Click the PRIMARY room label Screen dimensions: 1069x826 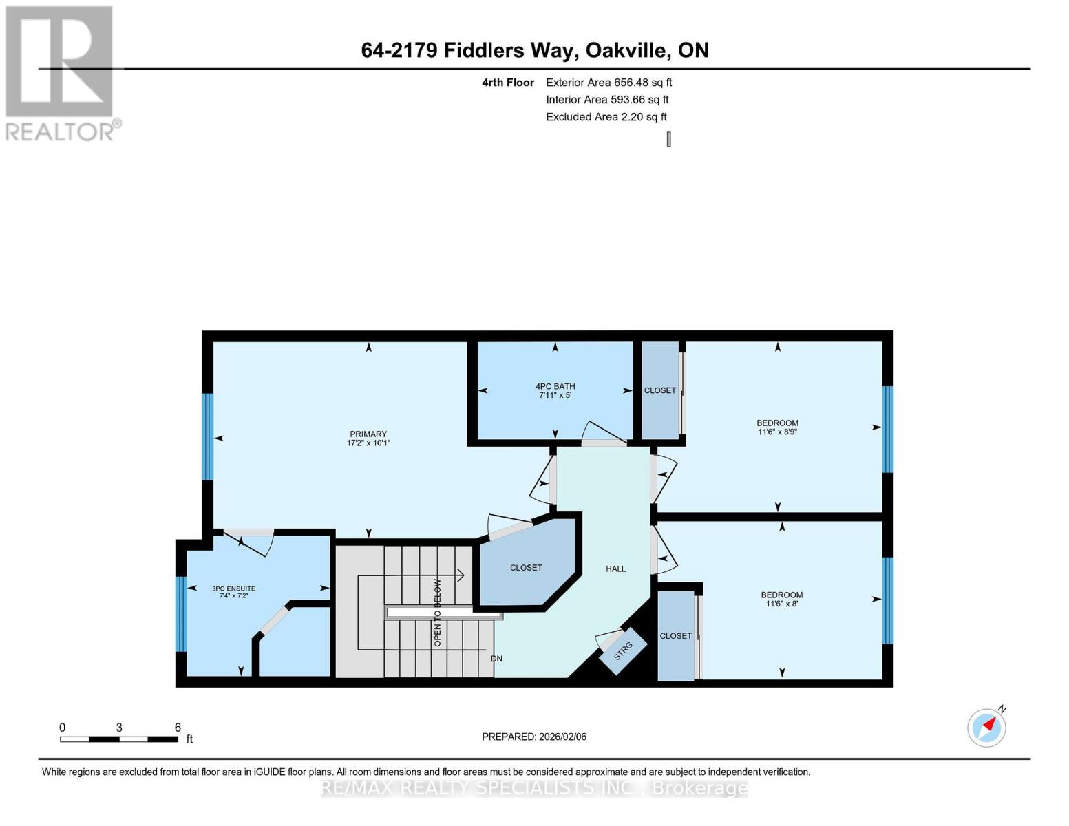[368, 434]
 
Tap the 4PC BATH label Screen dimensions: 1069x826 [555, 387]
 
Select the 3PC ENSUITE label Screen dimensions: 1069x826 [233, 589]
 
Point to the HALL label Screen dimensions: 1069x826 [615, 569]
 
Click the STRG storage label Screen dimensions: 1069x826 [623, 651]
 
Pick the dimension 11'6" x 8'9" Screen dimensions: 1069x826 [777, 432]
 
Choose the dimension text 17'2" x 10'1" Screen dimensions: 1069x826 [368, 443]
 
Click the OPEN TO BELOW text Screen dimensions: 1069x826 [437, 613]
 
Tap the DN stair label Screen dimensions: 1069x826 [496, 658]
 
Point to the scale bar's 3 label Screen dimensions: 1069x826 [119, 727]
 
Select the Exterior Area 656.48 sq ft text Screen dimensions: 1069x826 [608, 83]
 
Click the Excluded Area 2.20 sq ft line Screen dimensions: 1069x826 [606, 117]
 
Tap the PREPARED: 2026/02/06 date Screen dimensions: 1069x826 [533, 737]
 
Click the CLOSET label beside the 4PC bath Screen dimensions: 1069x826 [659, 390]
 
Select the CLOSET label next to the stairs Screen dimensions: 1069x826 [526, 567]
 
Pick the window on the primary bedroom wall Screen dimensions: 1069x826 [208, 436]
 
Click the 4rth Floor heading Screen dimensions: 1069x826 [508, 83]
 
